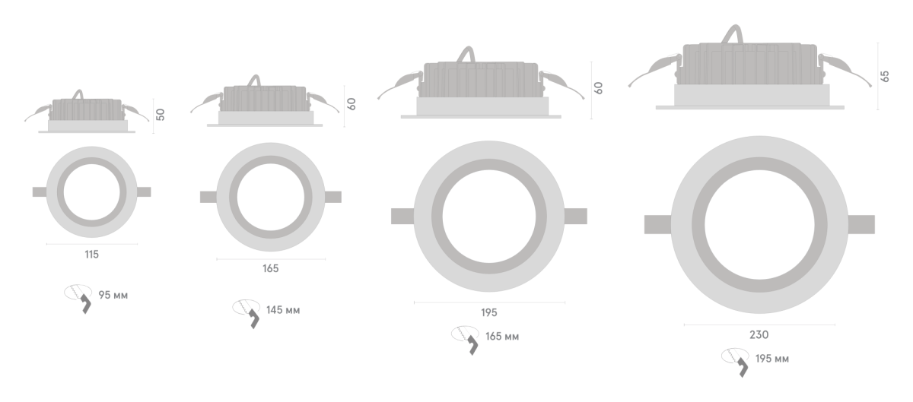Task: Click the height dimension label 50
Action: tap(161, 115)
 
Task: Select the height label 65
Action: tap(884, 76)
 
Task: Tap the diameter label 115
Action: tap(92, 255)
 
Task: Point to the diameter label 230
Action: tap(759, 335)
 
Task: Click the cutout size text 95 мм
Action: tap(113, 295)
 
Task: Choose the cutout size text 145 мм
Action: tap(283, 310)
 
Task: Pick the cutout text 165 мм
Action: tap(502, 337)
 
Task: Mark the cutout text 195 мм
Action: tap(772, 359)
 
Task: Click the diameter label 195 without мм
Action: tap(489, 312)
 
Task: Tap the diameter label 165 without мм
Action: tap(271, 268)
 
